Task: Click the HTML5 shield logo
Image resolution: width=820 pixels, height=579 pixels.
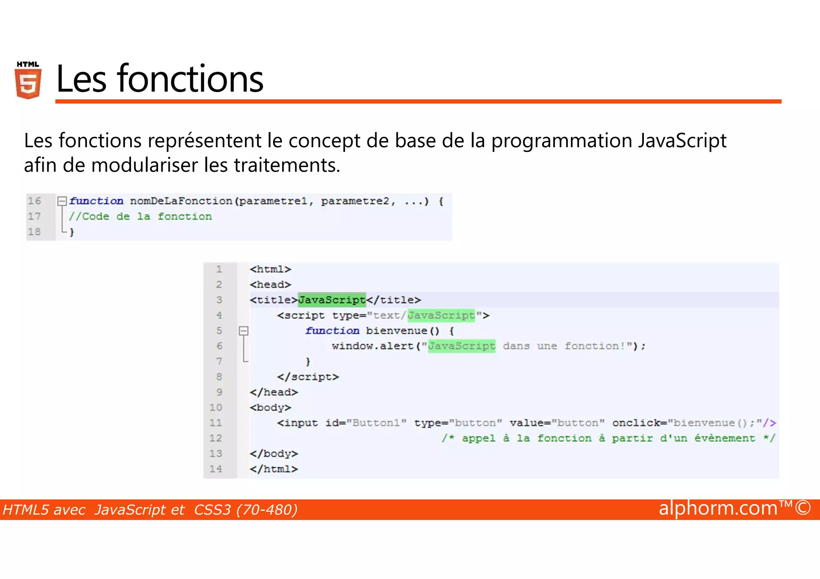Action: pyautogui.click(x=28, y=80)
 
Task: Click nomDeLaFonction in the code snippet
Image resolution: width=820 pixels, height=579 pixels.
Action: pyautogui.click(x=181, y=201)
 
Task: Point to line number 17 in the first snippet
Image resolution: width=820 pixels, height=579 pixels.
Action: pyautogui.click(x=34, y=216)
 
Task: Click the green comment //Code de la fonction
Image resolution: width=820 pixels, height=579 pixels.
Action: pyautogui.click(x=140, y=216)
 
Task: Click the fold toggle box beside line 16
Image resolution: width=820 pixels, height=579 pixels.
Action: pyautogui.click(x=62, y=201)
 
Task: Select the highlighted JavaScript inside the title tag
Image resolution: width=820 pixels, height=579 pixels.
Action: pyautogui.click(x=332, y=300)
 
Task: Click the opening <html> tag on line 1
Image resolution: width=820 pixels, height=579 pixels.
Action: pyautogui.click(x=270, y=269)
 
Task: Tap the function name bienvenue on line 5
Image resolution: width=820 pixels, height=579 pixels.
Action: pyautogui.click(x=396, y=331)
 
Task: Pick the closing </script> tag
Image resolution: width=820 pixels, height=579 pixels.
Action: pyautogui.click(x=307, y=377)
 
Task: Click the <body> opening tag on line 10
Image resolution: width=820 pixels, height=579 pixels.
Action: pyautogui.click(x=270, y=408)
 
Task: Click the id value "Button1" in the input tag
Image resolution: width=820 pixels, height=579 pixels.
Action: pyautogui.click(x=376, y=423)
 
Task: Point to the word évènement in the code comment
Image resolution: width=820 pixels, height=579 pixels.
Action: pyautogui.click(x=724, y=439)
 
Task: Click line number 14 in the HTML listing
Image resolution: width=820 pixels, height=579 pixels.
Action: pyautogui.click(x=216, y=469)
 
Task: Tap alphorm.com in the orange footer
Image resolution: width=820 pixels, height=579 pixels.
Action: pyautogui.click(x=718, y=508)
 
